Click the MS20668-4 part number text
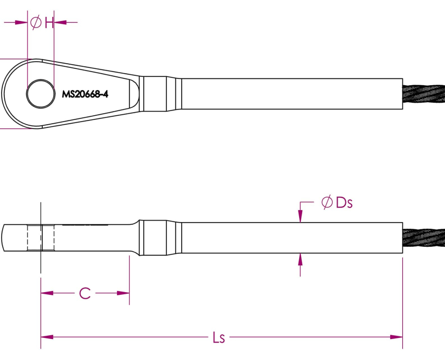88,94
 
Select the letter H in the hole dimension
48,22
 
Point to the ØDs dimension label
336,203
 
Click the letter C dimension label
85,293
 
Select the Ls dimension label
219,337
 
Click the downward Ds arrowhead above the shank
300,216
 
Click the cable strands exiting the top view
423,94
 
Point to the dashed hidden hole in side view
41,238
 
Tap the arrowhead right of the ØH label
60,22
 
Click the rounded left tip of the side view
5,238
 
